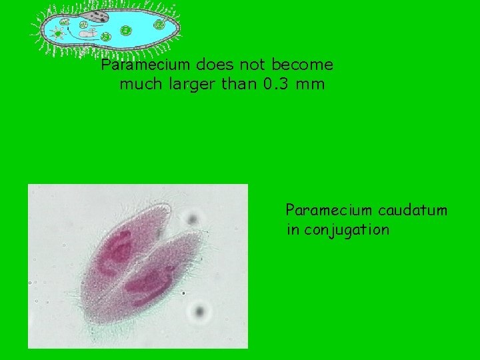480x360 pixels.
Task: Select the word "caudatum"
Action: click(413, 211)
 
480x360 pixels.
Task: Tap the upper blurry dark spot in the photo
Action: click(193, 219)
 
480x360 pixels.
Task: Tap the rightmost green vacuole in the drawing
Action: click(159, 25)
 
